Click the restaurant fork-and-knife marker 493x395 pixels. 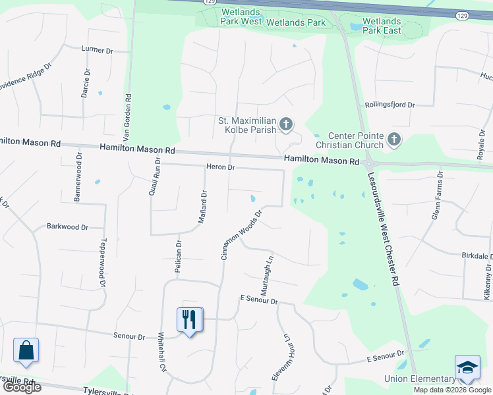pyautogui.click(x=190, y=320)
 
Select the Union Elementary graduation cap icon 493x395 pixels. pyautogui.click(x=467, y=367)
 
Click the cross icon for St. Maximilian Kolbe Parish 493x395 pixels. pyautogui.click(x=287, y=123)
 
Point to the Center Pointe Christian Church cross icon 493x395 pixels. pyautogui.click(x=393, y=140)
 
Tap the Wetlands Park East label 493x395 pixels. pyautogui.click(x=382, y=26)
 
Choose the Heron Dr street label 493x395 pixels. pyautogui.click(x=221, y=167)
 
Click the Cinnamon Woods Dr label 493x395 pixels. pyautogui.click(x=242, y=234)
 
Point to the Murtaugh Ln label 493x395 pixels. pyautogui.click(x=266, y=275)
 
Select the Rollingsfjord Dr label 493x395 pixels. pyautogui.click(x=390, y=105)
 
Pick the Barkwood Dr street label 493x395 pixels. pyautogui.click(x=67, y=227)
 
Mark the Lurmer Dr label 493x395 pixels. pyautogui.click(x=98, y=49)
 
